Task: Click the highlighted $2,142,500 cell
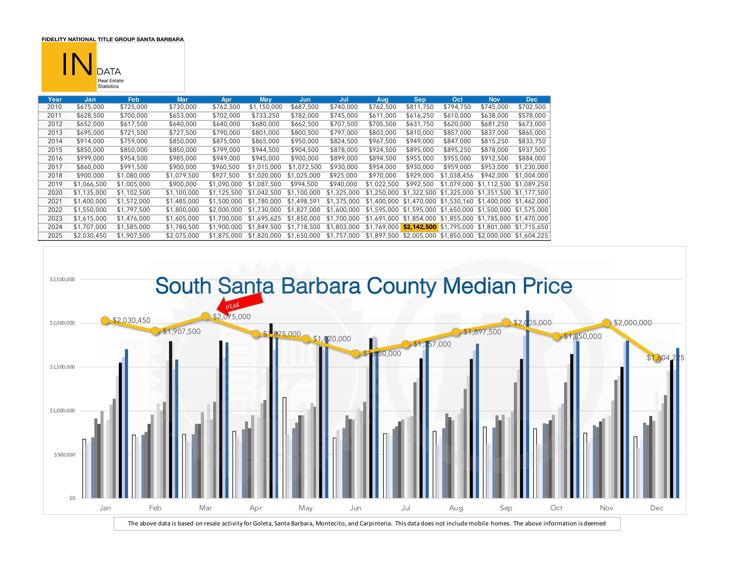tap(420, 227)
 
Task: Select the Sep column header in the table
tap(420, 99)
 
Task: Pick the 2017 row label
tap(55, 167)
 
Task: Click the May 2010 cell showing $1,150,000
tap(265, 107)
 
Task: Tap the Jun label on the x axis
tap(355, 508)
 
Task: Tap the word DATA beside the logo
tap(109, 72)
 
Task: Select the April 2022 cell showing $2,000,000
tap(225, 210)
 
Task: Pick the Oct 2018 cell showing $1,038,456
tap(457, 175)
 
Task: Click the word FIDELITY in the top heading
tap(54, 39)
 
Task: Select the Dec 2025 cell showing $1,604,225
tap(531, 235)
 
